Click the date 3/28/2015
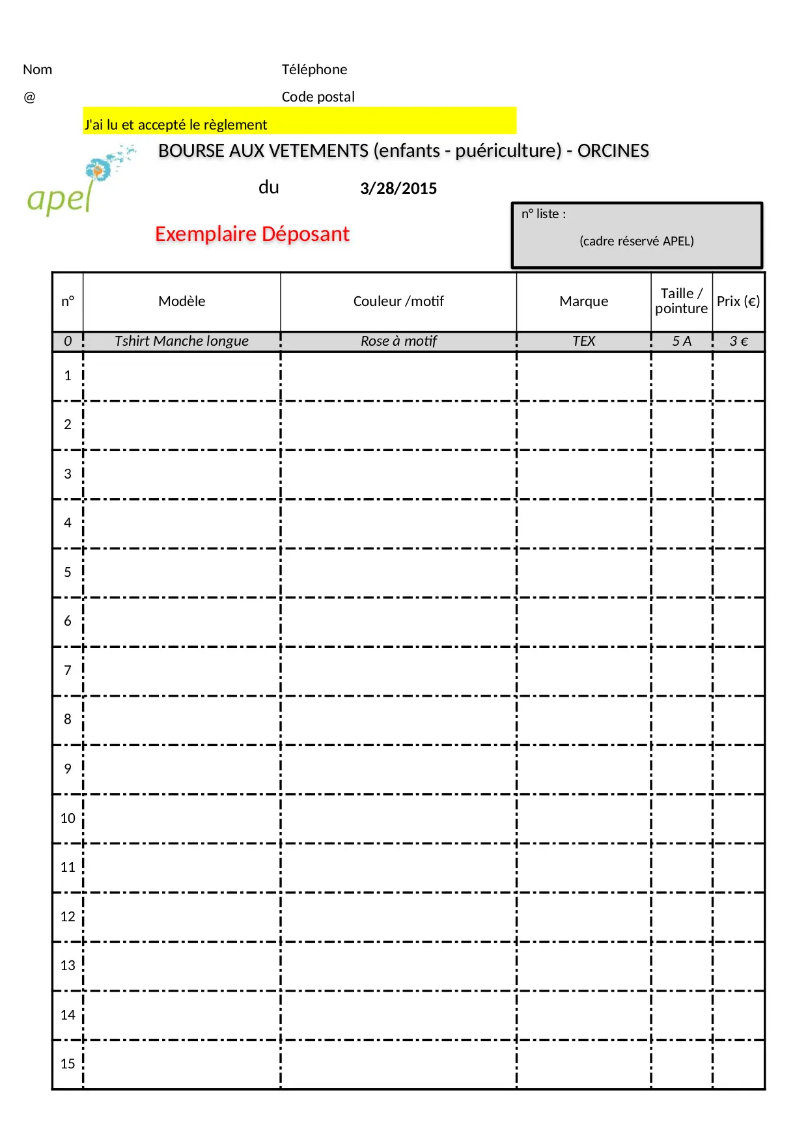coord(398,189)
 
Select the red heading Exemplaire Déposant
coord(252,234)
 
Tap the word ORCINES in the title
coord(613,151)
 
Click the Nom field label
coord(38,70)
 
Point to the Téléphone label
coord(314,70)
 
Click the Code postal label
coord(318,97)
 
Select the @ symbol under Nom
coord(29,97)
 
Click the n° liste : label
coord(544,214)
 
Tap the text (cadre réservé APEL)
coord(636,242)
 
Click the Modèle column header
coord(182,301)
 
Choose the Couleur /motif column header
coord(398,301)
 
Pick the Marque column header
coord(583,301)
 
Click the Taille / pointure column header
coord(681,301)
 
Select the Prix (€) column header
coord(738,301)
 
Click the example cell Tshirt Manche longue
coord(182,341)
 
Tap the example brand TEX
coord(583,341)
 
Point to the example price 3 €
coord(738,341)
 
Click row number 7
coord(68,671)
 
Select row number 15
coord(68,1064)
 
